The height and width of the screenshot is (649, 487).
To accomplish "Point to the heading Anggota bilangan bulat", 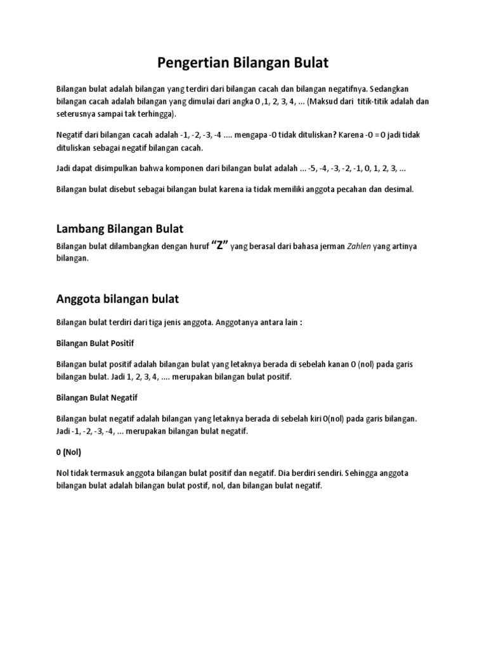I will [118, 298].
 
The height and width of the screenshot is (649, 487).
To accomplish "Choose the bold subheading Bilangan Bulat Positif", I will [95, 343].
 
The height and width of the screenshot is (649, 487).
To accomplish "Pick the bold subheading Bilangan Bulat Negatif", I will [97, 397].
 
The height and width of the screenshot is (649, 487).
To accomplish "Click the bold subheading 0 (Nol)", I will [68, 453].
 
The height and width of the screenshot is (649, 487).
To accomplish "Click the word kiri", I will [314, 419].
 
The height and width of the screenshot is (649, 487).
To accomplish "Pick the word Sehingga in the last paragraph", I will [360, 473].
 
